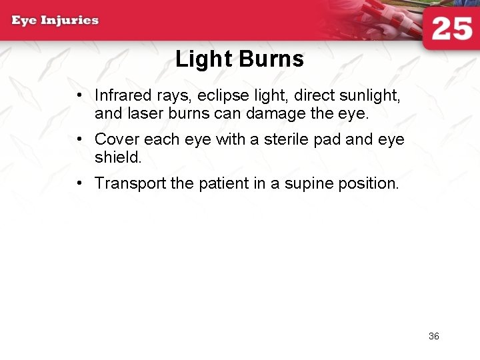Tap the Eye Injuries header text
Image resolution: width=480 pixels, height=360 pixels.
point(55,20)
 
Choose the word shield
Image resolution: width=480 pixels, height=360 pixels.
point(117,157)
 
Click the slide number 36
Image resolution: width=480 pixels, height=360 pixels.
point(434,336)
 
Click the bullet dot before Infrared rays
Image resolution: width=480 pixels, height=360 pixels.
point(79,97)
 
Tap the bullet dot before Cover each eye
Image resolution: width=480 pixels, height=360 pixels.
point(79,139)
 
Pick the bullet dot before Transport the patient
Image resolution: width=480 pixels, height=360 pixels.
point(79,183)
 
